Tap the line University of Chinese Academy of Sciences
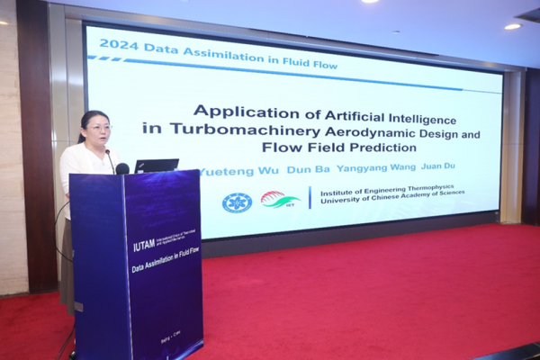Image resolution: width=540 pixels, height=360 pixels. (x=386, y=201)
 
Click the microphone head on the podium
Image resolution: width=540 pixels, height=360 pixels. (x=121, y=168)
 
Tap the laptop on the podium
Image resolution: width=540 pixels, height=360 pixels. (x=157, y=166)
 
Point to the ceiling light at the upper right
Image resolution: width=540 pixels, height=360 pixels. (x=512, y=26)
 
